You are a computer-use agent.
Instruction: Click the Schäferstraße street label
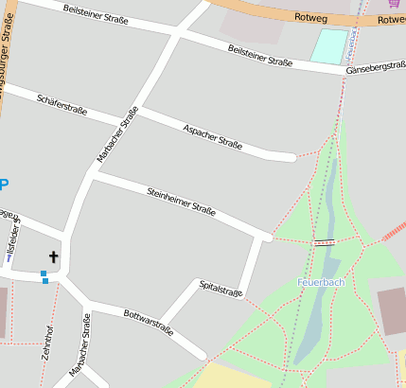(62, 104)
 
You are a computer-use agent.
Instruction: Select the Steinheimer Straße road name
(181, 201)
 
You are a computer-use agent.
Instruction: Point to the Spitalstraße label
(221, 288)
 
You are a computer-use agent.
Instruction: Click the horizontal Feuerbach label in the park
(321, 282)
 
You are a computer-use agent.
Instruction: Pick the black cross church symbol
(53, 256)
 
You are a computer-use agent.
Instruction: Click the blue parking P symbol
(3, 185)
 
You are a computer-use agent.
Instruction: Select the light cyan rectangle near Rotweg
(328, 46)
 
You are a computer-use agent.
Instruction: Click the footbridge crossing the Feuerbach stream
(325, 243)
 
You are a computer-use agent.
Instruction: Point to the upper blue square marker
(44, 273)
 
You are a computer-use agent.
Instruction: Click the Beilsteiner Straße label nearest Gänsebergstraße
(260, 55)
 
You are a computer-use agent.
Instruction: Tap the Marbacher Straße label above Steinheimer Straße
(117, 132)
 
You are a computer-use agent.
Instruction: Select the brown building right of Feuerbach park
(391, 310)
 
